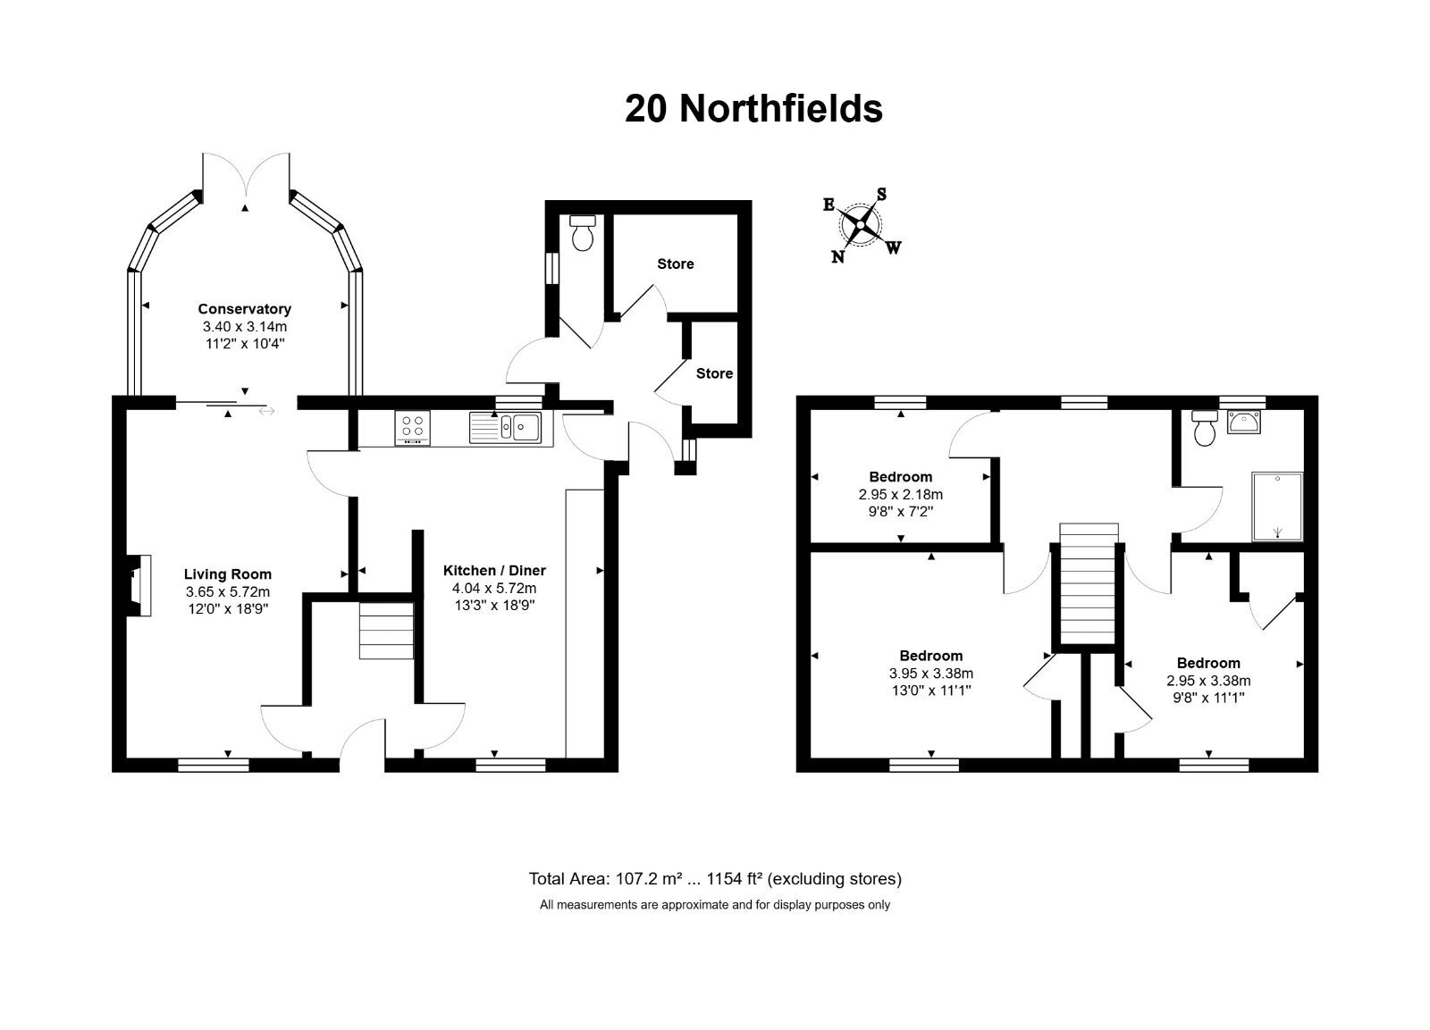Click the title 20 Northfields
coord(753,108)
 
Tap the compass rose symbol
coord(862,225)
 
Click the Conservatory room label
coord(245,309)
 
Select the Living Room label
coord(228,574)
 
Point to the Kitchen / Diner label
coord(495,571)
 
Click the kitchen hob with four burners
coord(412,428)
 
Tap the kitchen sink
coord(506,427)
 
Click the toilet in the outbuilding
coord(582,233)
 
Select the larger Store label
coord(676,264)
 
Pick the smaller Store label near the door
coord(714,373)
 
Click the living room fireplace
coord(139,586)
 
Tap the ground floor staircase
coord(386,630)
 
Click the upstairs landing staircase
coord(1089,584)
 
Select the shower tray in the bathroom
coord(1277,507)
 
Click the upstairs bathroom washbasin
coord(1243,423)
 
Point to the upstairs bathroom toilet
coord(1205,428)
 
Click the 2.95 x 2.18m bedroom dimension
coord(901,494)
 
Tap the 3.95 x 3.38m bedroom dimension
coord(930,673)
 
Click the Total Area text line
coord(715,879)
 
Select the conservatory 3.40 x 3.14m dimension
coord(245,327)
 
